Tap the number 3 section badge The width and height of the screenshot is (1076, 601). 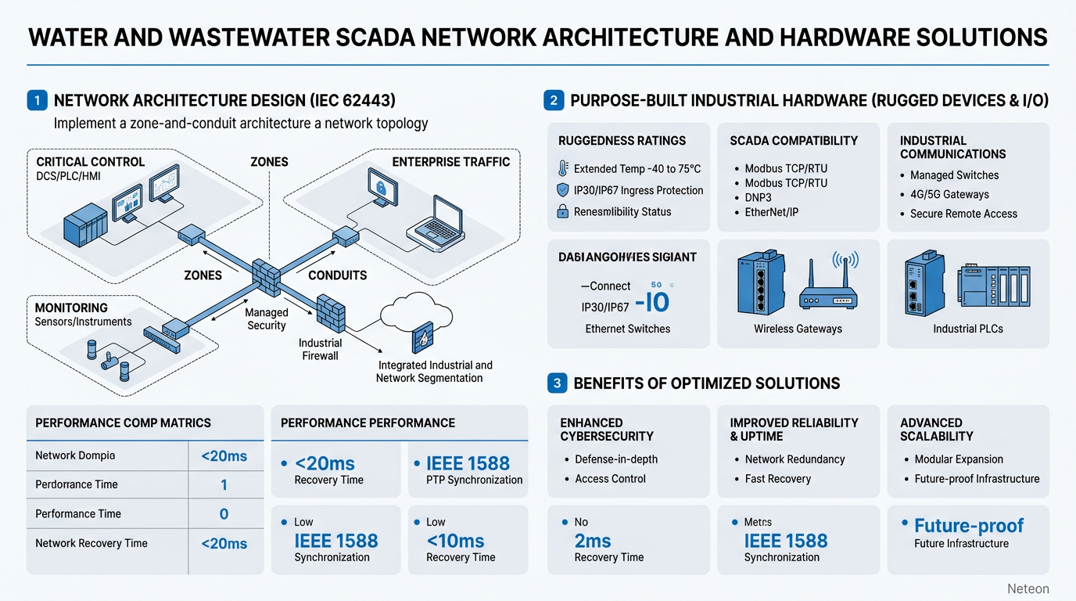click(556, 383)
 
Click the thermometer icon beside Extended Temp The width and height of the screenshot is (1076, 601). click(563, 168)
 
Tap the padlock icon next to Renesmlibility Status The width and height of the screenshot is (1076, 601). click(562, 211)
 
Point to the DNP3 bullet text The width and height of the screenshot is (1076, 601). click(758, 197)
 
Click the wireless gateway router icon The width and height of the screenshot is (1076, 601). click(827, 284)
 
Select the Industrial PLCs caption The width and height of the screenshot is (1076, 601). click(967, 329)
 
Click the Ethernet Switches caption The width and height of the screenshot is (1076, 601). click(627, 329)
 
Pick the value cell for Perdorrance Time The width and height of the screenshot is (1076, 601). click(224, 485)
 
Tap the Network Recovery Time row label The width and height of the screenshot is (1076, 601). click(91, 543)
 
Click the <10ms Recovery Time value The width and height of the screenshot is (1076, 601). click(455, 541)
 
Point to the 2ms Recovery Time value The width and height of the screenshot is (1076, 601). click(592, 541)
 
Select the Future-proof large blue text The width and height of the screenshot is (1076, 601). click(968, 526)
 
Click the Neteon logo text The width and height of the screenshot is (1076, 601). click(1028, 588)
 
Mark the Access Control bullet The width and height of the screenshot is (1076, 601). click(610, 479)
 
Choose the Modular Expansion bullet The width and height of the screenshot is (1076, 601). click(958, 459)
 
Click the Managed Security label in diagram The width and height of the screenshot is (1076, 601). click(267, 318)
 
